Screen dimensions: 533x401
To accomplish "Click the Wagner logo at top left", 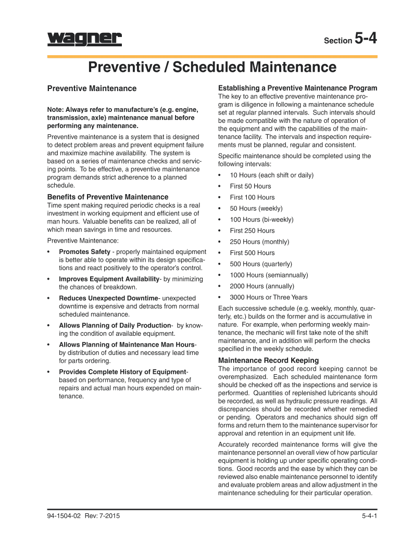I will point(84,40).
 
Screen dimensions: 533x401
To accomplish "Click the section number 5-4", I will point(365,39).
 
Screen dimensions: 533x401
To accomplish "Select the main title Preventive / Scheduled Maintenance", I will point(212,67).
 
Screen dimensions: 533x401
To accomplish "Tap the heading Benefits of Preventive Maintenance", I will point(108,197).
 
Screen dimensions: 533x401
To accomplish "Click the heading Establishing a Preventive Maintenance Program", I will point(297,88).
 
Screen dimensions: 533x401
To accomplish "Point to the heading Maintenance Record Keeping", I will point(268,360).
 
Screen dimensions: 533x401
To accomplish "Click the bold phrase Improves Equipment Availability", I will point(109,280).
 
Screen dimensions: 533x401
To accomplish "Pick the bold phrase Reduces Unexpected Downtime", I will point(108,298).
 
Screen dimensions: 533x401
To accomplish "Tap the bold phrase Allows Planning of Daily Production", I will point(115,325).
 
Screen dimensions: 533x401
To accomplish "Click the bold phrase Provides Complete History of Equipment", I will point(122,372).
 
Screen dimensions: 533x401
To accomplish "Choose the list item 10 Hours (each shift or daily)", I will point(271,175).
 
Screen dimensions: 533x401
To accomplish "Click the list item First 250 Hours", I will point(252,231).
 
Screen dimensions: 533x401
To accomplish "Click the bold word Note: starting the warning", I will point(57,109).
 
